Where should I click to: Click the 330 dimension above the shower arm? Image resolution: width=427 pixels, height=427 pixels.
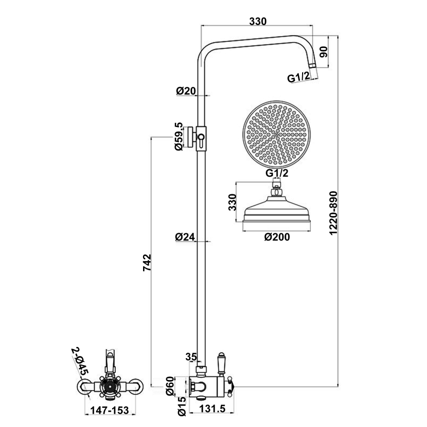click(258, 21)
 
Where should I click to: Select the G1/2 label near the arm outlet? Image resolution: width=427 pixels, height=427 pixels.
click(299, 78)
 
